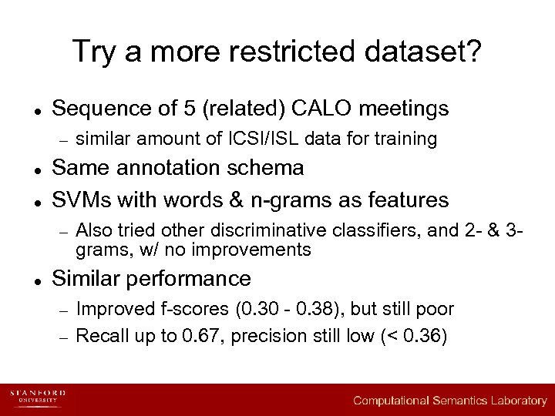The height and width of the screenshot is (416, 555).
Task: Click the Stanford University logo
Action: coord(38,398)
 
